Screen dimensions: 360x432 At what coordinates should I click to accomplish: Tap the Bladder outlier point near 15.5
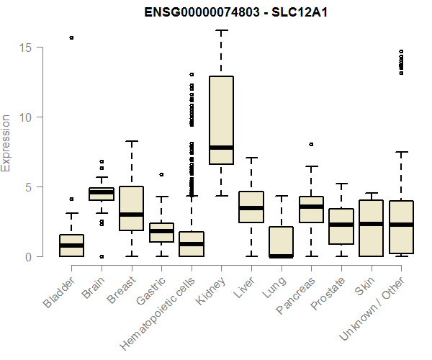click(x=71, y=37)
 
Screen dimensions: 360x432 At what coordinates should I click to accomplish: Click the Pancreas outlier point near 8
click(x=311, y=144)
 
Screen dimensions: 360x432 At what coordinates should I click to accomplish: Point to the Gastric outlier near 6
click(x=161, y=174)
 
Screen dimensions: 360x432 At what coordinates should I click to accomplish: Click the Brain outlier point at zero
click(x=102, y=256)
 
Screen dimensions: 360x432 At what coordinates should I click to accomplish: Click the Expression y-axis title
click(x=6, y=143)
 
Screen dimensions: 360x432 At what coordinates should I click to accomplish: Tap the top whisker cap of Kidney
click(x=221, y=31)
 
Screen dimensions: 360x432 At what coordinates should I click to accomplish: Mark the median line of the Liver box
click(x=251, y=208)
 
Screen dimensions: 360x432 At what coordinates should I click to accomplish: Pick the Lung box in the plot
click(x=281, y=241)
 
